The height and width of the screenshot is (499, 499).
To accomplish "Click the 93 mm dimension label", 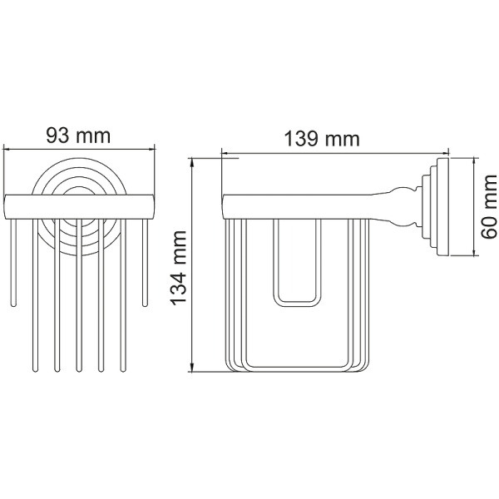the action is tap(78, 136).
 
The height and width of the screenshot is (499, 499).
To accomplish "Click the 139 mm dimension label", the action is tap(322, 139).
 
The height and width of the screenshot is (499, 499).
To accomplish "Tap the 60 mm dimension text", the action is tap(488, 206).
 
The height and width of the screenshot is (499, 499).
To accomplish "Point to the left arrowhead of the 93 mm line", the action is tap(7, 149).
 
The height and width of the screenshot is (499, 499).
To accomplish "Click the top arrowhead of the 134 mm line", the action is tap(192, 161).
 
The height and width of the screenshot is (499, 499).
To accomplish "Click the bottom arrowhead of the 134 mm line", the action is tap(192, 368).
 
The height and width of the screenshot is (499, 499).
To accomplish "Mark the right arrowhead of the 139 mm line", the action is tap(445, 154).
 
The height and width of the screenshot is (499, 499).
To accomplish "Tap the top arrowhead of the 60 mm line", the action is tap(475, 161).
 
